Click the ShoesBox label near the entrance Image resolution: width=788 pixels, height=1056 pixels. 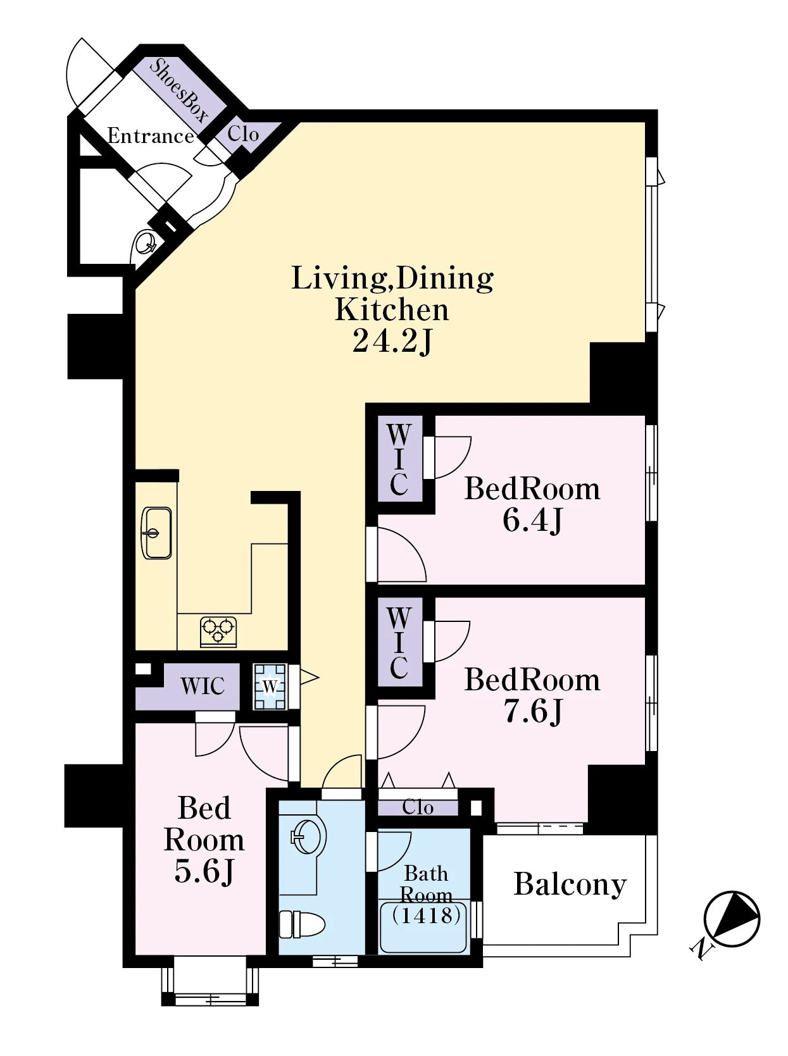(x=178, y=90)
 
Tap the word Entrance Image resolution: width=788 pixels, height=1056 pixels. (x=151, y=135)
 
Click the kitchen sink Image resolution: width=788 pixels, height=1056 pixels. (x=156, y=533)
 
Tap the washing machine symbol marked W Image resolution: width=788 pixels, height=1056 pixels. (x=270, y=686)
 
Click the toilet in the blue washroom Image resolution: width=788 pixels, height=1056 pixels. (x=302, y=924)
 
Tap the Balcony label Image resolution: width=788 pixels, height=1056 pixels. (x=570, y=885)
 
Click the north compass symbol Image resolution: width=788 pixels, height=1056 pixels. (x=731, y=919)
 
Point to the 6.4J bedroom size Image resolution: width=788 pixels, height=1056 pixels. (x=532, y=521)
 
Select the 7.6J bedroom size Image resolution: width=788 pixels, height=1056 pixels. (x=533, y=711)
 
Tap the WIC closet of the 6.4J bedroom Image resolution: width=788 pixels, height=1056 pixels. (x=399, y=459)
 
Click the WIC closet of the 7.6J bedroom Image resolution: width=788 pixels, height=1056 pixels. (x=399, y=642)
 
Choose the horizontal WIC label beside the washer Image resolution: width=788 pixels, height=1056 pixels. (x=203, y=686)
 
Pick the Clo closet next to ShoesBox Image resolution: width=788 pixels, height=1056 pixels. (x=243, y=134)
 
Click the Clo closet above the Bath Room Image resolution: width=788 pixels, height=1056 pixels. (x=418, y=807)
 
